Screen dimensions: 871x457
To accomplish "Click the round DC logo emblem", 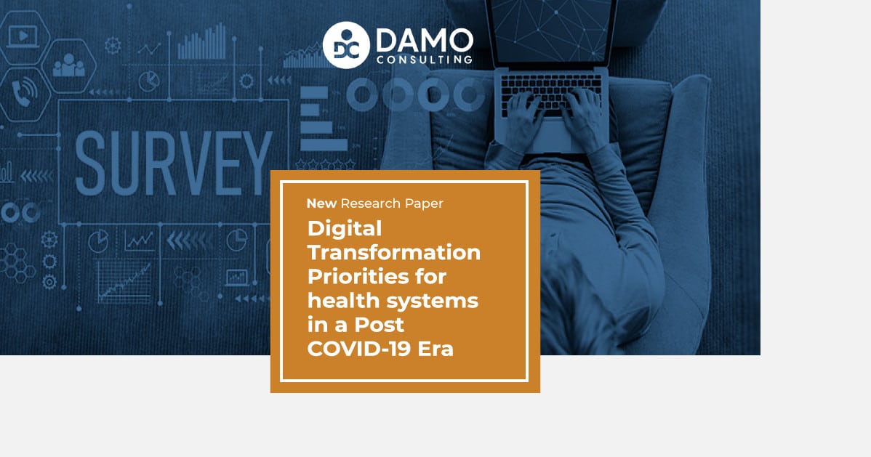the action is tap(346, 45).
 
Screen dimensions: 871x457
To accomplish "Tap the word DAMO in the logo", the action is tap(425, 41).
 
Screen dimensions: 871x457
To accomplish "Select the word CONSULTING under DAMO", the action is tap(425, 60).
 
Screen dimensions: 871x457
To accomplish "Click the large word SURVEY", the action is tap(173, 163).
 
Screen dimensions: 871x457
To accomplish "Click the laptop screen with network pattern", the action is tap(550, 31).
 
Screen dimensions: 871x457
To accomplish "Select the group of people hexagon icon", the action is tap(69, 66).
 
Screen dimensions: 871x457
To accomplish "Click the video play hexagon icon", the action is tap(24, 37).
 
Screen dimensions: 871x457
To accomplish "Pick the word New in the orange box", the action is tap(321, 203).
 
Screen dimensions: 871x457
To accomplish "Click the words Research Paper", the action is tap(392, 203).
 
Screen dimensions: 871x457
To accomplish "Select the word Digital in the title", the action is tap(345, 229).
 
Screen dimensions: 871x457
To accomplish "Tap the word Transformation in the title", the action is tap(394, 253).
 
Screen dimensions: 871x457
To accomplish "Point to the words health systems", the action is tap(393, 301).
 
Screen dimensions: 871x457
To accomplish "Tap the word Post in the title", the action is tap(380, 325).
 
